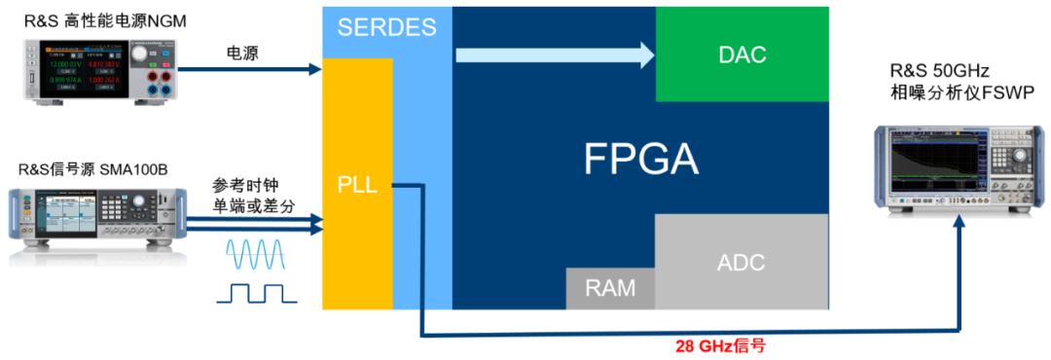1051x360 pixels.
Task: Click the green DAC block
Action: pos(742,54)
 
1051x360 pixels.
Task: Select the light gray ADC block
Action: pos(741,262)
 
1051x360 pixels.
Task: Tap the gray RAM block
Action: pos(610,288)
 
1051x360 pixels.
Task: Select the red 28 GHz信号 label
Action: pos(729,345)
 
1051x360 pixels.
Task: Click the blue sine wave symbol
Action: pos(257,254)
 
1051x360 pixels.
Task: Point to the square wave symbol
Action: pos(257,291)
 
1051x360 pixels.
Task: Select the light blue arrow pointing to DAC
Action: pos(556,54)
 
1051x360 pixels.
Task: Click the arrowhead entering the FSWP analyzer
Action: pos(961,224)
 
